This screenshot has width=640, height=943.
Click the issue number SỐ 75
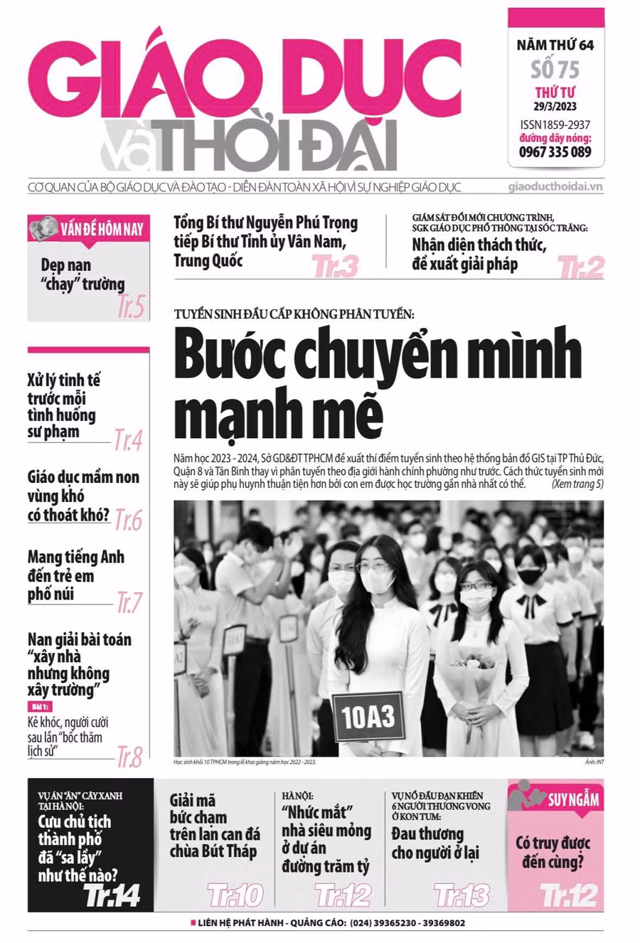555,69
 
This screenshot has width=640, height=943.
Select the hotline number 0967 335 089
555,151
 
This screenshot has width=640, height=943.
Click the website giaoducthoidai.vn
556,187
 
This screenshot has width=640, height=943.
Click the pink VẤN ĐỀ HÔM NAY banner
88,229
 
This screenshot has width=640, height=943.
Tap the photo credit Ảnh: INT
594,762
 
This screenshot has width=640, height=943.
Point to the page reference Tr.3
336,267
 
